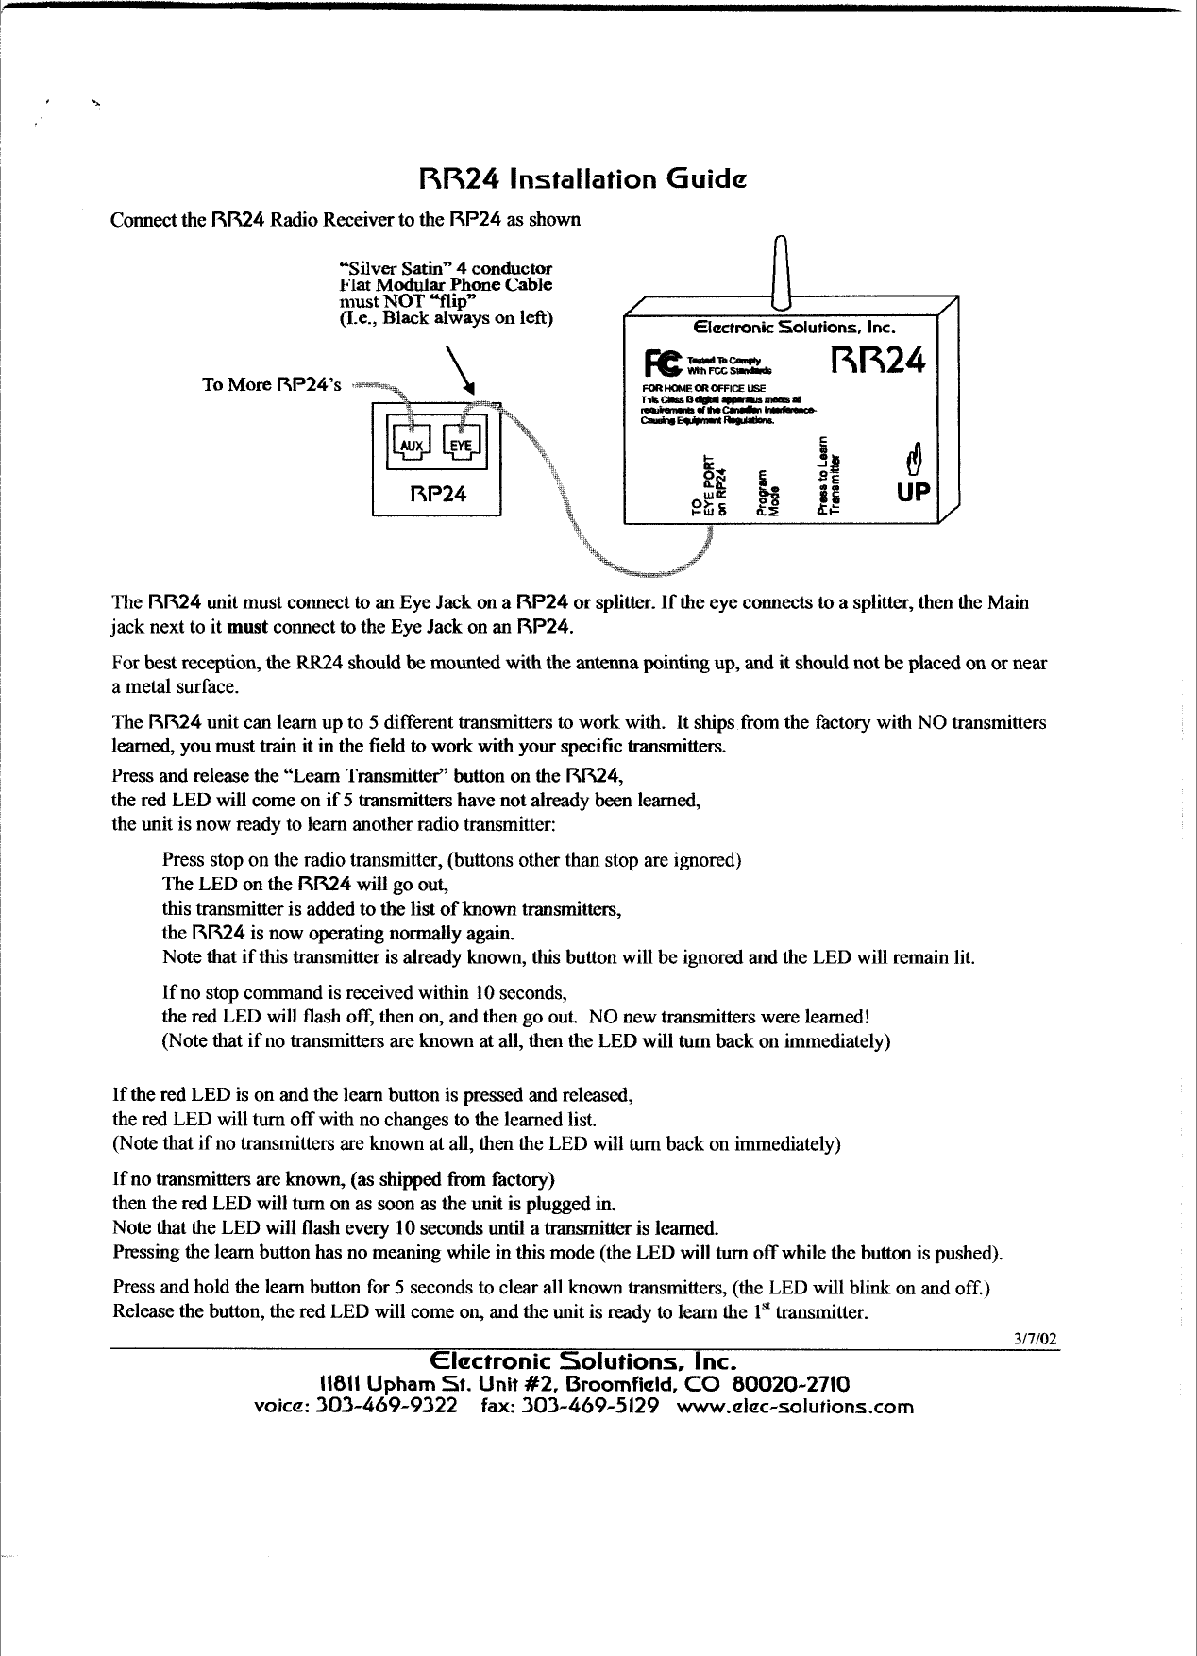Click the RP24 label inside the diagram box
(437, 494)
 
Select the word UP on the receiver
(913, 493)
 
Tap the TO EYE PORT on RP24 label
(710, 487)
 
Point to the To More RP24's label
(272, 384)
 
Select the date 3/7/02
(1036, 1339)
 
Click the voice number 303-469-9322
(386, 1406)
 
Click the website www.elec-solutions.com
(796, 1406)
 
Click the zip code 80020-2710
(791, 1384)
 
